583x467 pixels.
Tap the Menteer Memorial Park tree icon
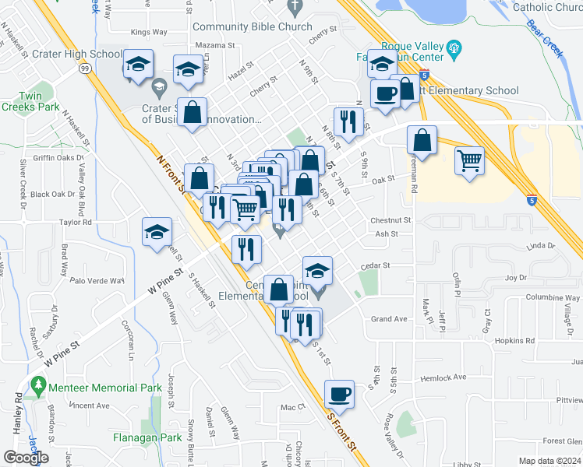[37, 384]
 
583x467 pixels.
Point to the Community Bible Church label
[242, 26]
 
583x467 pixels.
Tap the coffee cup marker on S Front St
[339, 394]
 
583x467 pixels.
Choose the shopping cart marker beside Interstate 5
[469, 160]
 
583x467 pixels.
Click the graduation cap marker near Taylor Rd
[157, 231]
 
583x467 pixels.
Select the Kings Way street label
[150, 32]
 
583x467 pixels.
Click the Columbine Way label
[533, 297]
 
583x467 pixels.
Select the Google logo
[26, 458]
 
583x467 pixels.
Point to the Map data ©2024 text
[549, 461]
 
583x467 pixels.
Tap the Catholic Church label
[548, 8]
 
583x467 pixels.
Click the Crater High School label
[76, 55]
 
